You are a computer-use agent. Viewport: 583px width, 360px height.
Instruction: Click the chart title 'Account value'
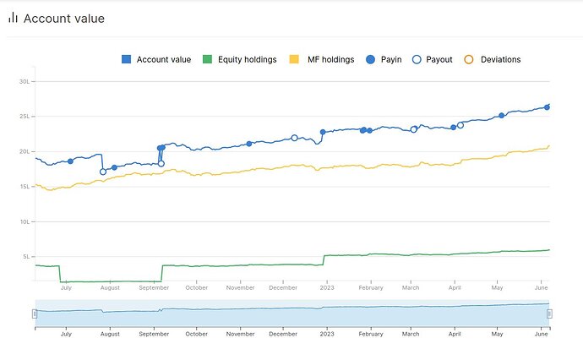[64, 18]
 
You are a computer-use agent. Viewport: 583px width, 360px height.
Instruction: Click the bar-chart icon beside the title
[13, 18]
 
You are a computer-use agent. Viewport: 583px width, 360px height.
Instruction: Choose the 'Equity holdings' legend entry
[239, 59]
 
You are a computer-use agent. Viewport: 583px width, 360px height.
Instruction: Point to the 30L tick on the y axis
[24, 81]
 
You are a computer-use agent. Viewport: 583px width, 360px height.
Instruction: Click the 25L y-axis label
[24, 116]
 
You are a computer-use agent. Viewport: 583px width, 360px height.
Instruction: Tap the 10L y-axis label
[24, 221]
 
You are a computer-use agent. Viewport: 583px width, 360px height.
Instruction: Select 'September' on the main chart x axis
[154, 287]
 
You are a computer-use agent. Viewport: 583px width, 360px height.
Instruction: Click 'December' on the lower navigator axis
[284, 334]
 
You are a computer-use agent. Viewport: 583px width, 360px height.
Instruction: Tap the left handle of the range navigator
[35, 314]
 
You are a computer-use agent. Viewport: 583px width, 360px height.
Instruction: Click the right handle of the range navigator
[549, 314]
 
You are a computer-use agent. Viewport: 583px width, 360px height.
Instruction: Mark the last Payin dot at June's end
[547, 106]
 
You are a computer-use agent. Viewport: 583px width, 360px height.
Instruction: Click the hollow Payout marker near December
[294, 138]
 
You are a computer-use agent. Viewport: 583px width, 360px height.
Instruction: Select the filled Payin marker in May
[501, 116]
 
